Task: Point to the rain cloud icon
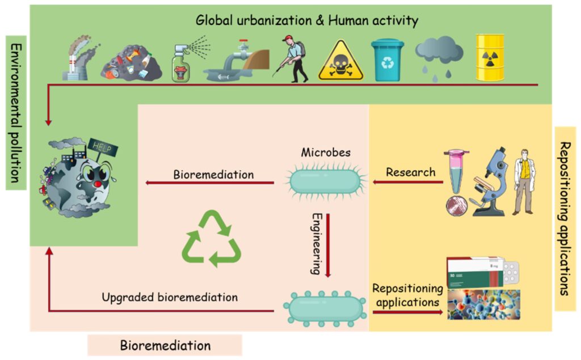click(x=439, y=57)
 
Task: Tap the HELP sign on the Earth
click(x=106, y=149)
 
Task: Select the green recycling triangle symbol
click(x=211, y=238)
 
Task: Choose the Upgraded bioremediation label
click(x=170, y=297)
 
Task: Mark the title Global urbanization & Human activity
click(x=307, y=21)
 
